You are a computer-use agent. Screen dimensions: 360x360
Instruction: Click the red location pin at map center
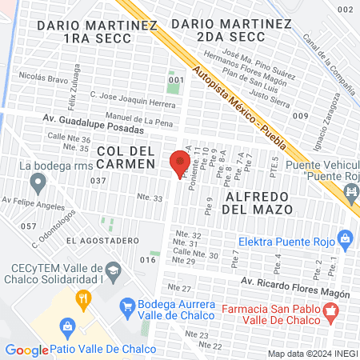click(176, 162)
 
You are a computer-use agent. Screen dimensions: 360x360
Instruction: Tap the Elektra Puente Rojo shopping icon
click(345, 238)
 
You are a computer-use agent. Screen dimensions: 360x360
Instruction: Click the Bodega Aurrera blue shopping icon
click(126, 306)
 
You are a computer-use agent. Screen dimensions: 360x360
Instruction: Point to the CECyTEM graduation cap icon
click(114, 273)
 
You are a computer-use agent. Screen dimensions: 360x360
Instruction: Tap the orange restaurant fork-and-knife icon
click(82, 301)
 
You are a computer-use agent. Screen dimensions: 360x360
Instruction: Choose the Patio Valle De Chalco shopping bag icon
click(67, 327)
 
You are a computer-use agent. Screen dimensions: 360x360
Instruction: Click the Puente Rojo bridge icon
click(350, 192)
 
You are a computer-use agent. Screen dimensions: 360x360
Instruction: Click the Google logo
click(26, 350)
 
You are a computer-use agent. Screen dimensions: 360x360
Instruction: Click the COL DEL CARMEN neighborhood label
click(126, 157)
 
